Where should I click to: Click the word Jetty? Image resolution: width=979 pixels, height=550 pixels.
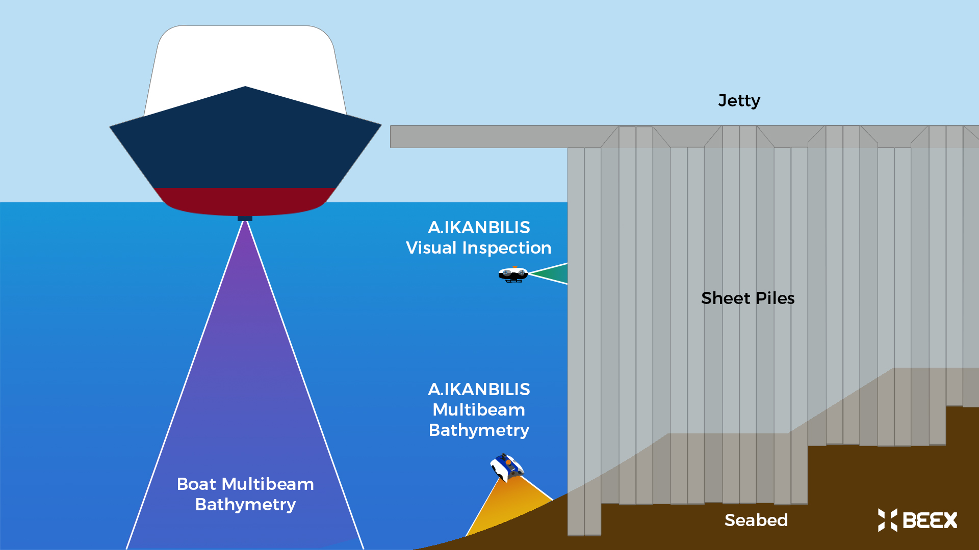point(739,101)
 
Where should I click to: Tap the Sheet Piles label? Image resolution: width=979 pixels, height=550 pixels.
point(748,298)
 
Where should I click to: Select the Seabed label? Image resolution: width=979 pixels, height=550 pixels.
point(756,520)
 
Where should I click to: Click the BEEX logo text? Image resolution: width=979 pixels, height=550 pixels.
point(930,520)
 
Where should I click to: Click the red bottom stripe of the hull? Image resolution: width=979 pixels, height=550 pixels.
point(245,200)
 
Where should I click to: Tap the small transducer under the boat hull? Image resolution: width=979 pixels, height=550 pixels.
point(245,218)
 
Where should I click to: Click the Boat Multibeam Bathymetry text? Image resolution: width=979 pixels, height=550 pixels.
point(245,494)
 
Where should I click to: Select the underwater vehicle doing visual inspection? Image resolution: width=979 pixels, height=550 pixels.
point(513,274)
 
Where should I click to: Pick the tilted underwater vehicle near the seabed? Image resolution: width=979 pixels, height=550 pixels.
point(507,467)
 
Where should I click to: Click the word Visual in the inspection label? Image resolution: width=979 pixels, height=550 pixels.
point(431,248)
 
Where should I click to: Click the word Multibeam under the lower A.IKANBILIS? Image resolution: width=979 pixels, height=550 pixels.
point(479,410)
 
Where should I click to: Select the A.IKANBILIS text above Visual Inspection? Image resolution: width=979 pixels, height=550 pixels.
point(479,227)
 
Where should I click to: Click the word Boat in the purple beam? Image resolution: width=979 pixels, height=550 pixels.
point(196,484)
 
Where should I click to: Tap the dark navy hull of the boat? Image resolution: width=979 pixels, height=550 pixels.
point(245,148)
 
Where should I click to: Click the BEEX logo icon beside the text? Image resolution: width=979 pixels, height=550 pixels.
point(887,520)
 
